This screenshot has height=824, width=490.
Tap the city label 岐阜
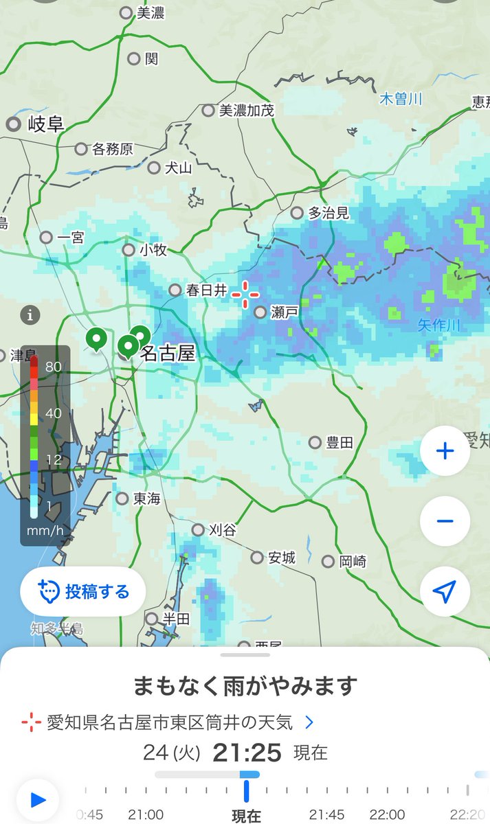click(45, 124)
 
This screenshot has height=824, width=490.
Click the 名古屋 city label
click(167, 354)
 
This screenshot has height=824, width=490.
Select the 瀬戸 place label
click(284, 312)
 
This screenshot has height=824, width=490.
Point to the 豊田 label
click(339, 443)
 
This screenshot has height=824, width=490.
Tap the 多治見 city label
click(328, 213)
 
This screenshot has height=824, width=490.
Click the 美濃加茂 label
click(246, 110)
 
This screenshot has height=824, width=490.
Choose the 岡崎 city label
click(353, 562)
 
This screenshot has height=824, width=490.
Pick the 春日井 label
click(206, 290)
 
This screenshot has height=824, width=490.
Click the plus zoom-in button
click(445, 451)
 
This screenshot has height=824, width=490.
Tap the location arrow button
click(445, 591)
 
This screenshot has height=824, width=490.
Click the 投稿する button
click(83, 591)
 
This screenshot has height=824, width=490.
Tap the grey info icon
click(30, 316)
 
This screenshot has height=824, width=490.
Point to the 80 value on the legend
click(54, 367)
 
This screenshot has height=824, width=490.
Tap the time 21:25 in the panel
click(247, 753)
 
